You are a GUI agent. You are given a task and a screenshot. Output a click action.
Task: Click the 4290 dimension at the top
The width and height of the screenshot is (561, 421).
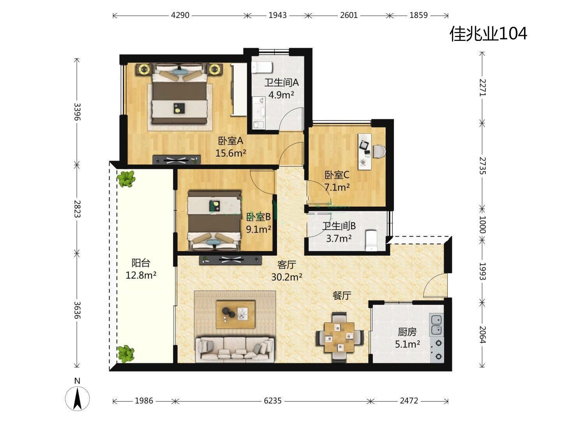[x=180, y=15]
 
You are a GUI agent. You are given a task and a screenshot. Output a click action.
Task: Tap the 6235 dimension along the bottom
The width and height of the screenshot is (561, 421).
[x=272, y=401]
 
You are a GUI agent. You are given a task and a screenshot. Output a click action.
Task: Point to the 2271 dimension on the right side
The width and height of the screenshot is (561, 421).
[x=482, y=88]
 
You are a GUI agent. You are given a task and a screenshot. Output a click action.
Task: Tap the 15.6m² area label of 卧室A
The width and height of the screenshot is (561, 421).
[x=231, y=153]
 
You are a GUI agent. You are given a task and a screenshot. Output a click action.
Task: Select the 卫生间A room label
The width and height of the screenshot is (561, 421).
[x=281, y=82]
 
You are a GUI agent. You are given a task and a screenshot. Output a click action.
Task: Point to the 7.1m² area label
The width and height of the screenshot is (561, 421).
[x=337, y=188]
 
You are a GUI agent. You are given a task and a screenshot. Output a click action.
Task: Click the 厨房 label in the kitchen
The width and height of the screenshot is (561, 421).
[x=407, y=332]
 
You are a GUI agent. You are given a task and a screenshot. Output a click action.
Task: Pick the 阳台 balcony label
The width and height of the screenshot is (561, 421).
[x=141, y=262]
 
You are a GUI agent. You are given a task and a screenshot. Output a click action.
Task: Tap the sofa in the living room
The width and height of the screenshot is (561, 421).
[x=235, y=350]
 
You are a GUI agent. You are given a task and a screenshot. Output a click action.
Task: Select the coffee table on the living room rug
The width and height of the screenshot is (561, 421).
[x=235, y=315]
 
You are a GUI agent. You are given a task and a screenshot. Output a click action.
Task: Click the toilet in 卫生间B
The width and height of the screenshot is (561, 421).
[x=371, y=241]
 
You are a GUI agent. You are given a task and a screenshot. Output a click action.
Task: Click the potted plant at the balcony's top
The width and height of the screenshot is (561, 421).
[x=126, y=178]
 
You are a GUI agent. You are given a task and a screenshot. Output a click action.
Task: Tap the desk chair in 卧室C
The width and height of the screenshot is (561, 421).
[x=379, y=151]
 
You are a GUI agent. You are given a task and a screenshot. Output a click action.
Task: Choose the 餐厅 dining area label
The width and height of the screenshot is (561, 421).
[x=342, y=296]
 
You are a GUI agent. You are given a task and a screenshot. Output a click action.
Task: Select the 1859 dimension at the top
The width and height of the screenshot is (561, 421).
[x=418, y=15]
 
